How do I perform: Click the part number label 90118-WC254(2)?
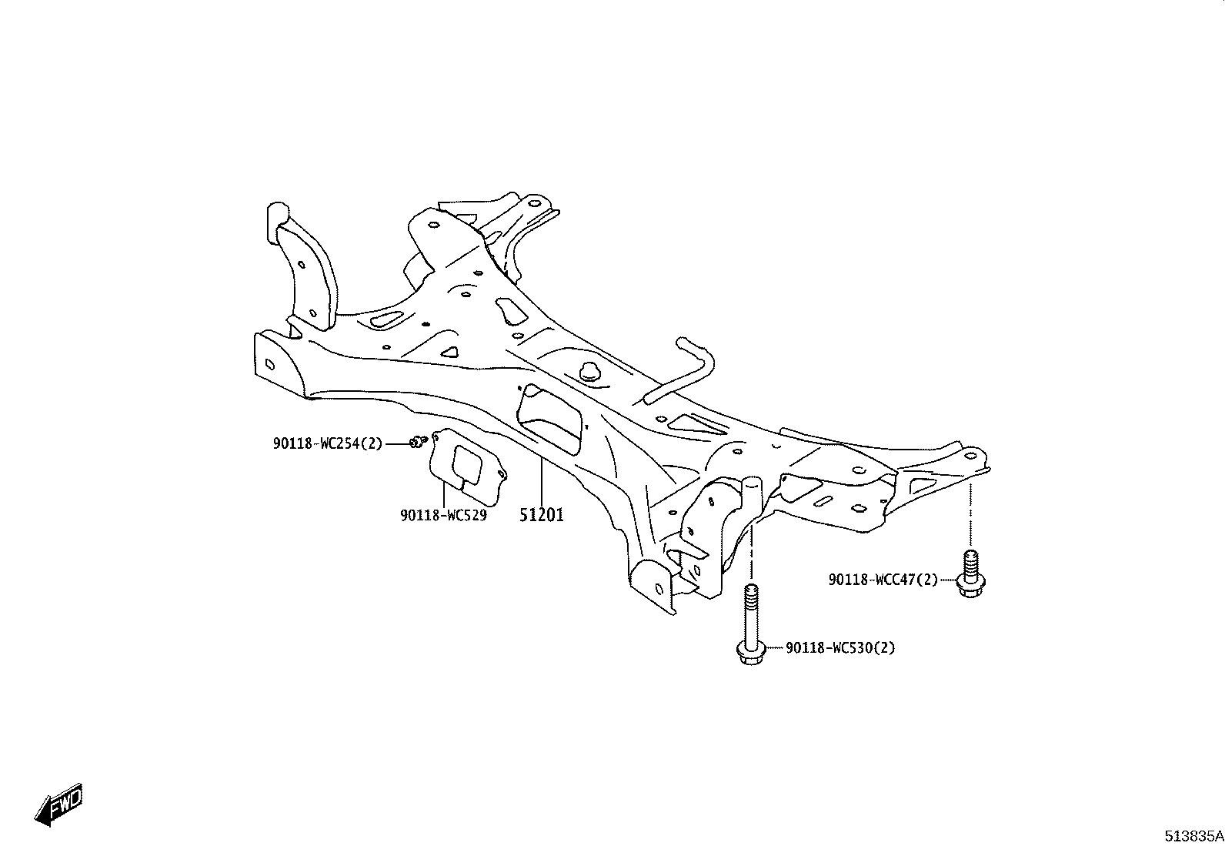[x=328, y=443]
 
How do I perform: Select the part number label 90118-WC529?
[x=443, y=516]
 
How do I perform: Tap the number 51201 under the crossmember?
[x=541, y=515]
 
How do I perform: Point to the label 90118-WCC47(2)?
[x=883, y=580]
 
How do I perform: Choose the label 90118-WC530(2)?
[x=840, y=648]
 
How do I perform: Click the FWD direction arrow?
[x=58, y=804]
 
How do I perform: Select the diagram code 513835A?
[x=1193, y=836]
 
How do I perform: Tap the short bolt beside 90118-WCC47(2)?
[x=971, y=573]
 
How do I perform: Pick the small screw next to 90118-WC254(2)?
[x=419, y=441]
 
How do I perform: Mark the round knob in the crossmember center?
[x=589, y=372]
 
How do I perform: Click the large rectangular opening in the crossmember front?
[x=549, y=419]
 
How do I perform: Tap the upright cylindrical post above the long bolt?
[x=751, y=499]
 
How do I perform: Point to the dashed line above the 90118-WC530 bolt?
[x=752, y=553]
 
